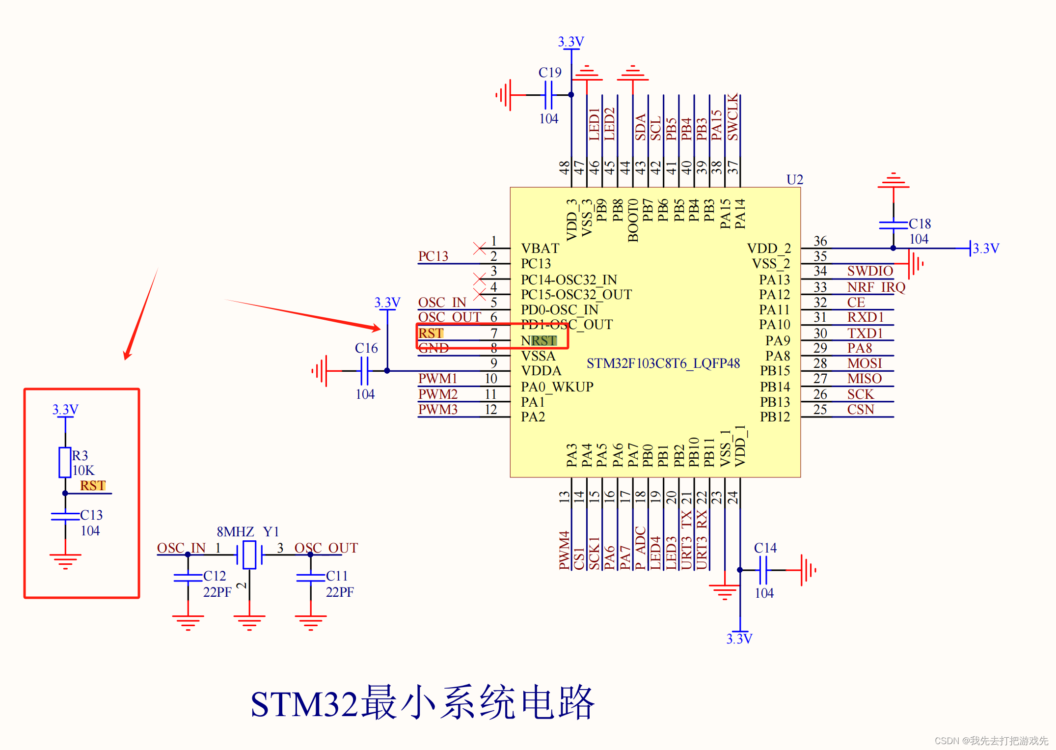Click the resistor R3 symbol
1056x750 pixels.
point(65,462)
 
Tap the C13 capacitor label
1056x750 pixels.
point(91,515)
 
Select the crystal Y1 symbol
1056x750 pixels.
point(249,555)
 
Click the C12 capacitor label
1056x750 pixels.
point(215,576)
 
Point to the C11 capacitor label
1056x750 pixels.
point(337,576)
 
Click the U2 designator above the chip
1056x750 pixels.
point(794,179)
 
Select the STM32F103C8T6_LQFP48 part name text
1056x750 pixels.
point(663,363)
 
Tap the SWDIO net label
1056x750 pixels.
point(870,271)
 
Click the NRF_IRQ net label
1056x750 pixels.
point(876,287)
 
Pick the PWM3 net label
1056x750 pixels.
point(437,409)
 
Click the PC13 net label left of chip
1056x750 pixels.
point(433,256)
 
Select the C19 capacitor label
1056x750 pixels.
point(550,72)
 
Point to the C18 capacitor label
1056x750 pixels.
point(920,223)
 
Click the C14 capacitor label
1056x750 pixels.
point(765,548)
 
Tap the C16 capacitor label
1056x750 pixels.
point(366,348)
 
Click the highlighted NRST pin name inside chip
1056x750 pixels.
point(539,340)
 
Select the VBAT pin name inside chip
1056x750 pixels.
point(540,248)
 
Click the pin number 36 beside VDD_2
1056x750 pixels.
point(820,241)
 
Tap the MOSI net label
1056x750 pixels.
point(865,363)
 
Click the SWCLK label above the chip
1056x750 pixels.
point(732,118)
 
